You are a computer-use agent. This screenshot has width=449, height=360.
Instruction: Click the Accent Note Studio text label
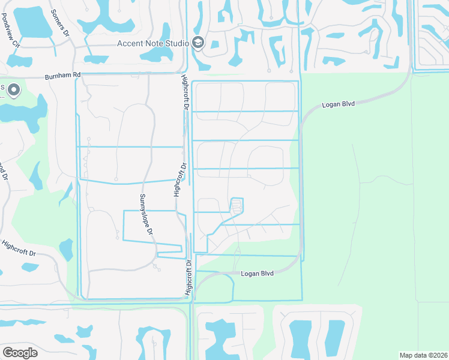pyautogui.click(x=152, y=43)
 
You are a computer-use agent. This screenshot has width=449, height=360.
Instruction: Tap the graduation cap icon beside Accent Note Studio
pyautogui.click(x=198, y=43)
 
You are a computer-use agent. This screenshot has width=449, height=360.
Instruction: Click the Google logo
pyautogui.click(x=20, y=353)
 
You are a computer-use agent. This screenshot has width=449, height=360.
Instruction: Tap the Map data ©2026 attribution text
pyautogui.click(x=423, y=355)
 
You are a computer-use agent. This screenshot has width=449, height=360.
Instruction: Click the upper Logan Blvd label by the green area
pyautogui.click(x=339, y=104)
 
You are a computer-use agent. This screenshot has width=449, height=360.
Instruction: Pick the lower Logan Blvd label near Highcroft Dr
pyautogui.click(x=257, y=273)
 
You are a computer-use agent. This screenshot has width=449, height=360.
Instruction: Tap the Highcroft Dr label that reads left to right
pyautogui.click(x=19, y=249)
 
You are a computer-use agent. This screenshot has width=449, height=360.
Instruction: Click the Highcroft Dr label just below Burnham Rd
pyautogui.click(x=185, y=92)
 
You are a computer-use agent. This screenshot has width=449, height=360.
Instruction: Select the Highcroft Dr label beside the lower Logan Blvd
pyautogui.click(x=190, y=277)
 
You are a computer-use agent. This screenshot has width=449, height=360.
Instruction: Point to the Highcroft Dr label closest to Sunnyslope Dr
pyautogui.click(x=178, y=179)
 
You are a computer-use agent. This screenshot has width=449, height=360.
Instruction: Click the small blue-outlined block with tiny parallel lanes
pyautogui.click(x=237, y=206)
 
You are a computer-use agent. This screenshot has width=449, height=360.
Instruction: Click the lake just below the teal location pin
pyautogui.click(x=24, y=112)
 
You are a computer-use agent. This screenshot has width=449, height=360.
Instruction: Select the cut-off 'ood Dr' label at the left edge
pyautogui.click(x=4, y=170)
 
